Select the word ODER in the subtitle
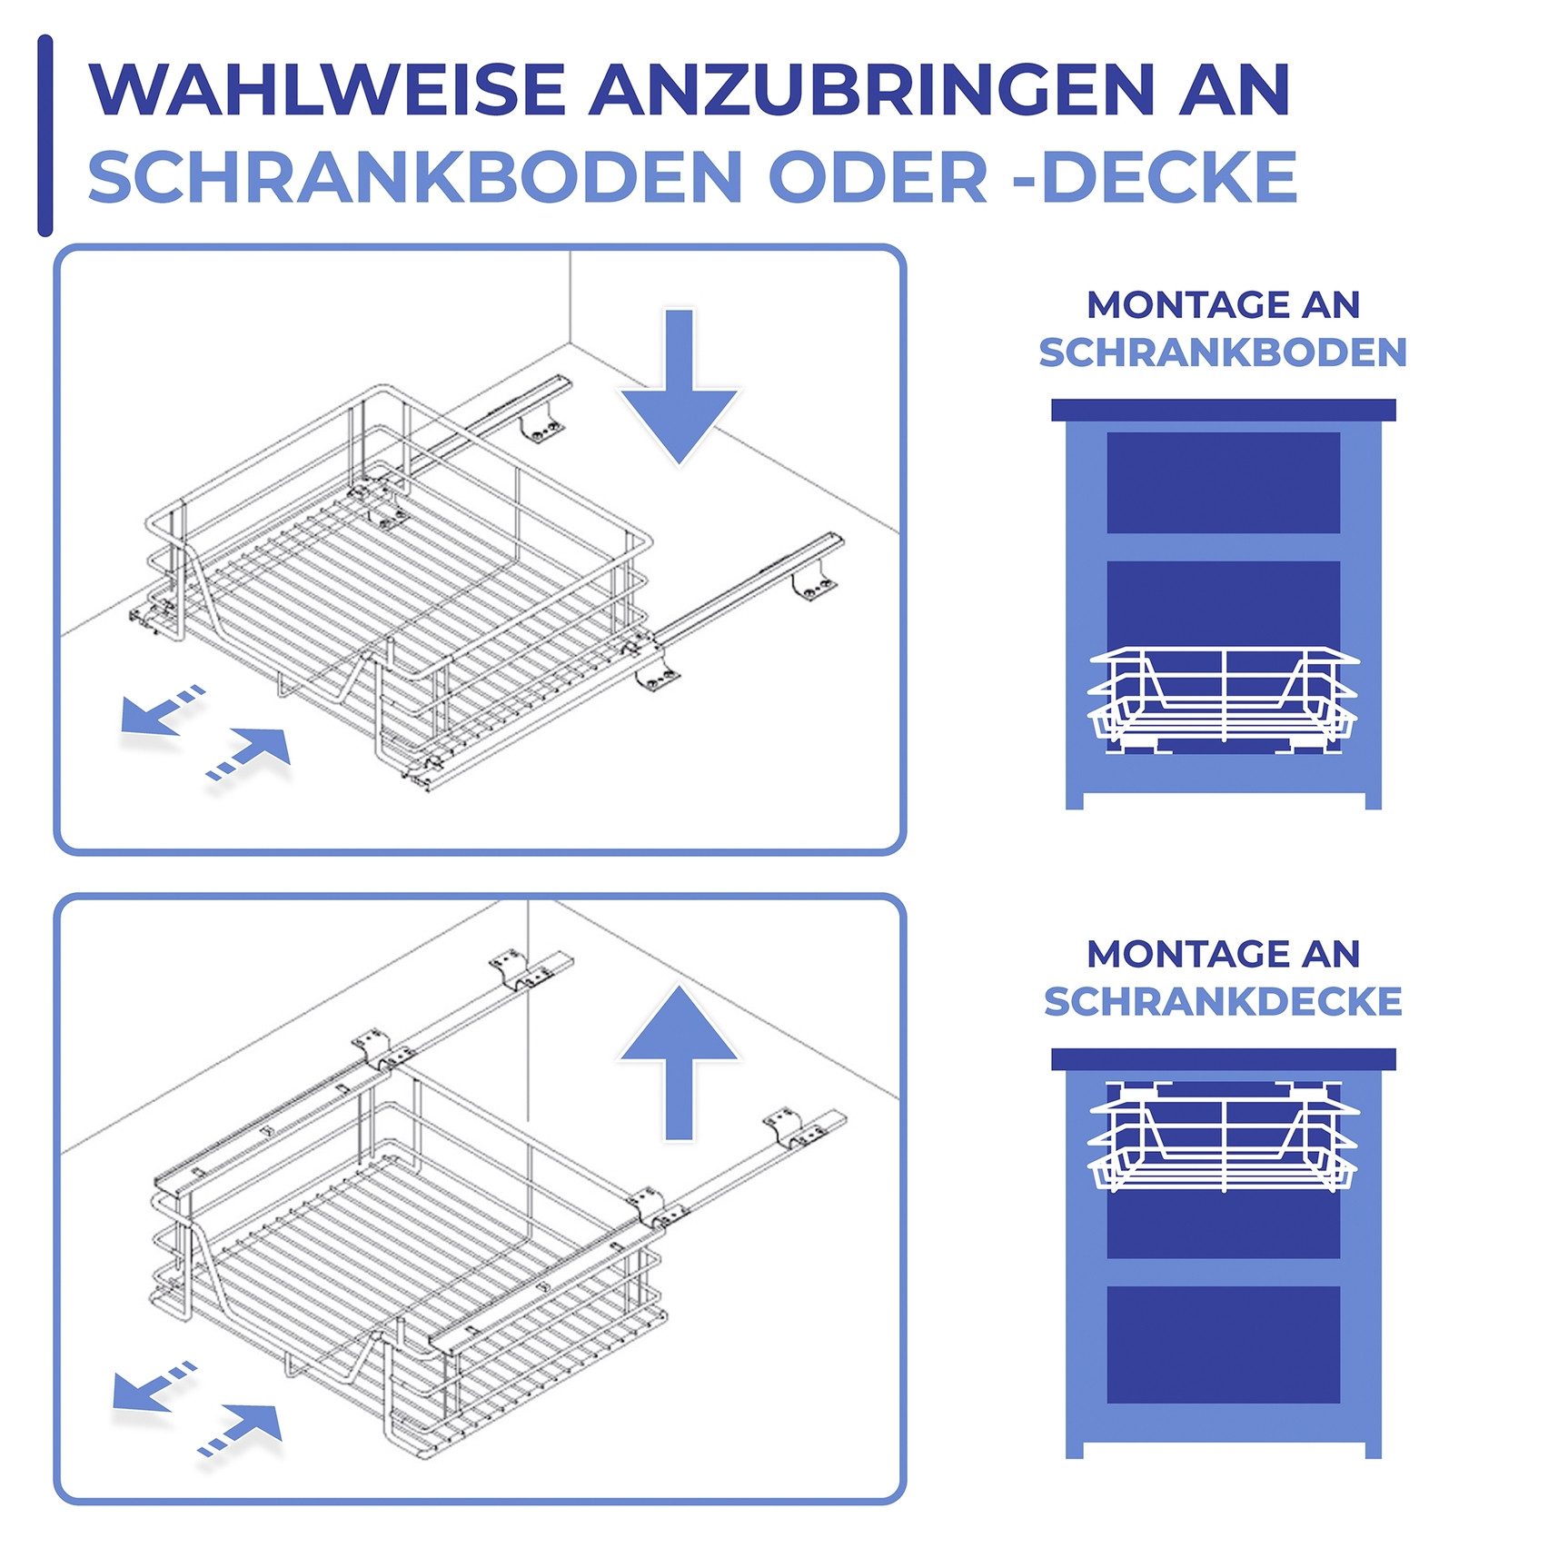(x=878, y=177)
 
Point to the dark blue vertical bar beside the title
(x=45, y=136)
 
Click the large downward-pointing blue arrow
(x=679, y=391)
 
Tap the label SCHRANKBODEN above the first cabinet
(x=1223, y=352)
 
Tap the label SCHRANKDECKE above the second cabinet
(x=1223, y=1001)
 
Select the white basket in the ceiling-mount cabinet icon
(x=1223, y=1136)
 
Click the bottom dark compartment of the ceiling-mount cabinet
(x=1223, y=1345)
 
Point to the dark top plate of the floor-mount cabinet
(x=1223, y=410)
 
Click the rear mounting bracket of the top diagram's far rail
(x=541, y=429)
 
